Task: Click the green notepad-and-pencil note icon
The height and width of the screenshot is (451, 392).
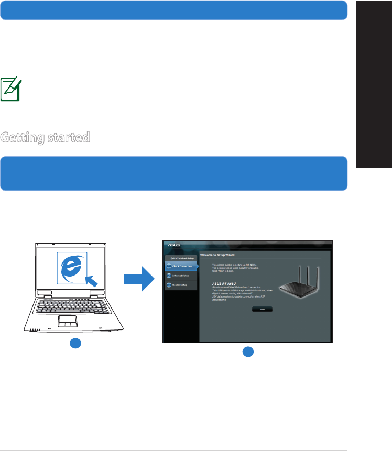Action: [x=10, y=89]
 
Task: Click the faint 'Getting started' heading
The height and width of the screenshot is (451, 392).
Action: [x=45, y=138]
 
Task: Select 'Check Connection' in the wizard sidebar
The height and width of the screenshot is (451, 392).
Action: [x=181, y=266]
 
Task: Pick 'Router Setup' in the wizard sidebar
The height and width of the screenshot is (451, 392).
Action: [x=180, y=285]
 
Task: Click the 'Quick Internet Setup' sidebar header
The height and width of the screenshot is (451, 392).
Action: [x=181, y=258]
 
